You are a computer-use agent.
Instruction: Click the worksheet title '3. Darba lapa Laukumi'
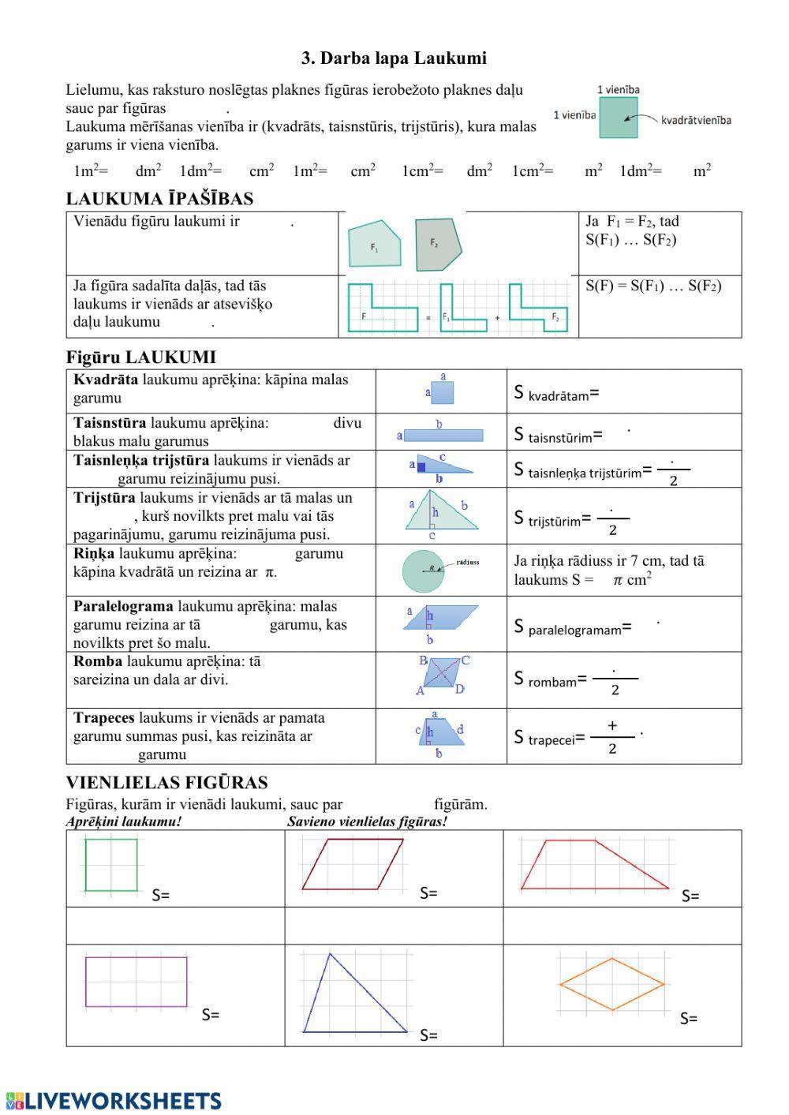tap(394, 58)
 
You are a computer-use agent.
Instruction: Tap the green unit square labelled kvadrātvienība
tap(618, 118)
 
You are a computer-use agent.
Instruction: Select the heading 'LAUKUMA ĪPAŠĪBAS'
tap(159, 199)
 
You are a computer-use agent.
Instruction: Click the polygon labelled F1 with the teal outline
tap(375, 244)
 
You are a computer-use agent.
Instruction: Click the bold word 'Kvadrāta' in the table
tap(106, 380)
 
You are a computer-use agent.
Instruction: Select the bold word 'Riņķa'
tap(94, 554)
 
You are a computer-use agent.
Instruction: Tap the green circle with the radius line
tap(424, 571)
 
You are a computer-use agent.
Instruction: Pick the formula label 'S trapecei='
tap(549, 738)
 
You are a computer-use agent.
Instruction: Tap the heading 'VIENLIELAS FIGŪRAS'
tap(166, 783)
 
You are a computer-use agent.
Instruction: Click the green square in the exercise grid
tap(110, 865)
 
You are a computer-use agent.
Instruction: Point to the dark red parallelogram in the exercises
tap(353, 864)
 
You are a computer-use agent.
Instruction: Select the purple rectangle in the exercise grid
tap(136, 982)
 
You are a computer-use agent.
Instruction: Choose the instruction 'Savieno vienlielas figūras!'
tap(367, 821)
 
